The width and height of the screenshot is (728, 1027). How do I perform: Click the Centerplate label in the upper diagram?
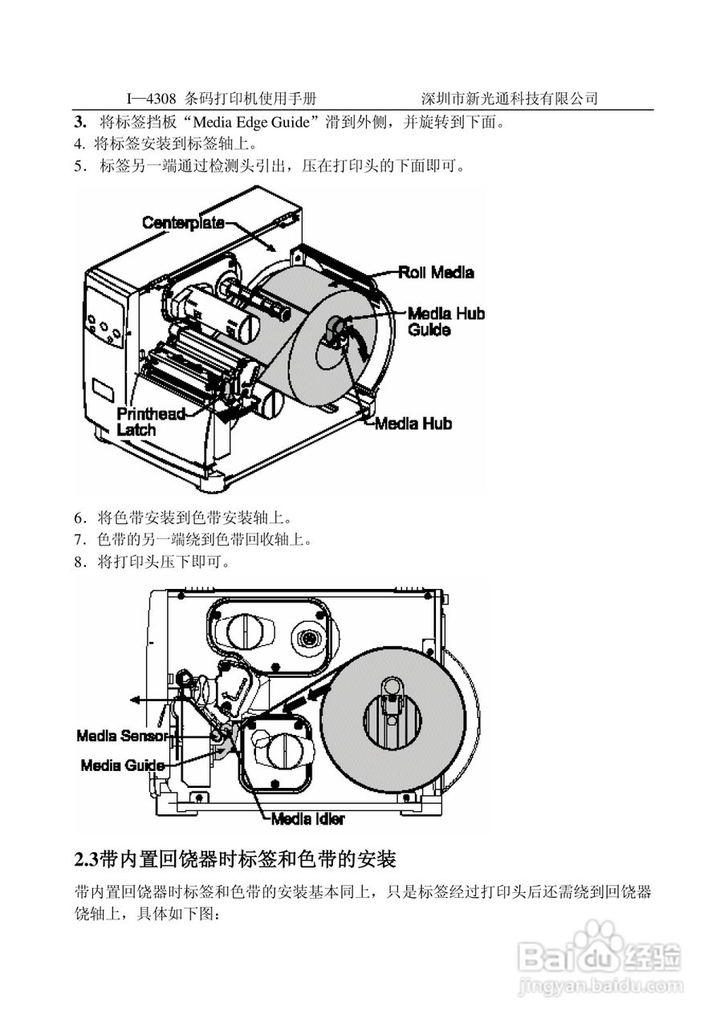183,222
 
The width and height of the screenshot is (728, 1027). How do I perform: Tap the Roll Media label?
436,272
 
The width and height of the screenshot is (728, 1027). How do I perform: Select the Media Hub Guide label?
445,321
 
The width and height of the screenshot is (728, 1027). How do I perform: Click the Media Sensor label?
121,735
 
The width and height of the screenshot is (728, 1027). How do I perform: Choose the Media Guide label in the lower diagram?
122,765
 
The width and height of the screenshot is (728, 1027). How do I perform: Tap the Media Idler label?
307,819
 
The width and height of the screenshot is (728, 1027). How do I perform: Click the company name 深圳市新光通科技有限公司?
510,99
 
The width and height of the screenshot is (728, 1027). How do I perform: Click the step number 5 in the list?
79,166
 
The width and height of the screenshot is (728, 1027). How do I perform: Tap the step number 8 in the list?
79,562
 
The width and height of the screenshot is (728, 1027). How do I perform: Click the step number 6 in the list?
79,517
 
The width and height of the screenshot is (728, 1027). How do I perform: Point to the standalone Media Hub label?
413,423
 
